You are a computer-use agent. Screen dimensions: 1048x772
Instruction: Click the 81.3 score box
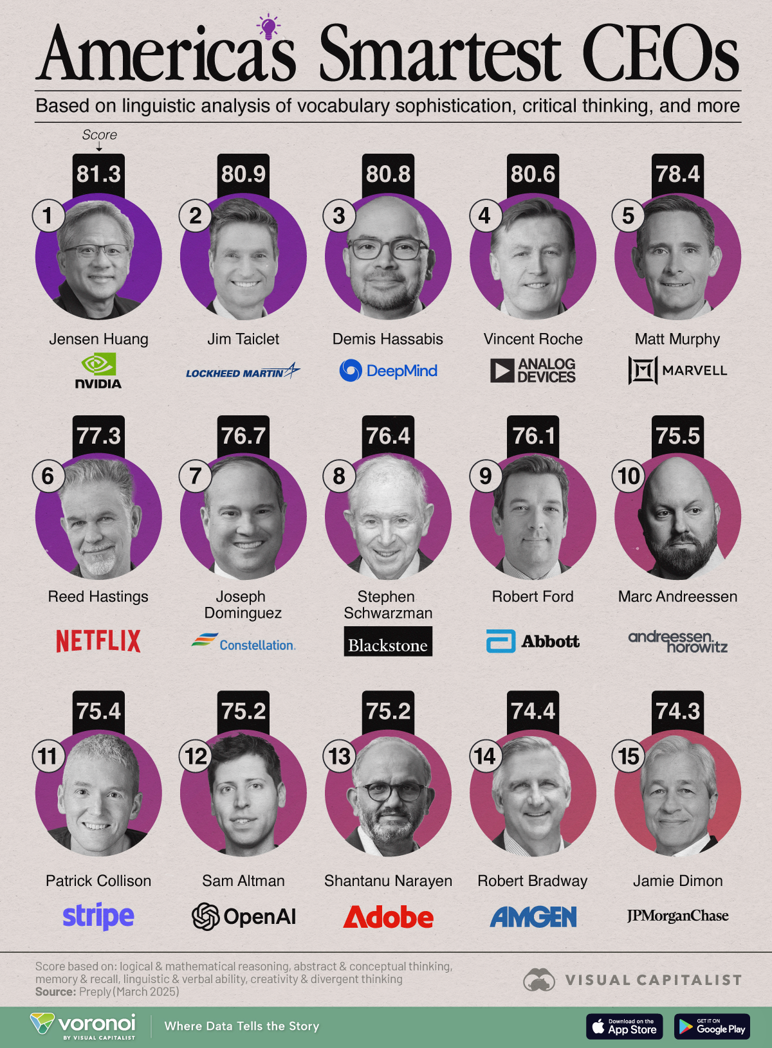click(98, 174)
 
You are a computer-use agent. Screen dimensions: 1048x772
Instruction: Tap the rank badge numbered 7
click(195, 476)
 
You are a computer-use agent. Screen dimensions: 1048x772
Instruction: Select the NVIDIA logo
click(98, 372)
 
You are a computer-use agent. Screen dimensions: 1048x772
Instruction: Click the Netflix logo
click(98, 641)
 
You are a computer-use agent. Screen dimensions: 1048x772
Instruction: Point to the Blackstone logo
click(388, 644)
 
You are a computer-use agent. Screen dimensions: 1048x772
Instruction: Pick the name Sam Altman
click(243, 881)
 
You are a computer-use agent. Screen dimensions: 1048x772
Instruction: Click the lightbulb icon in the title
click(269, 27)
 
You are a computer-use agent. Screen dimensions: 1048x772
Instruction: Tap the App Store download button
click(624, 1026)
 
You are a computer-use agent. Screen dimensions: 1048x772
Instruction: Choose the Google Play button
click(712, 1026)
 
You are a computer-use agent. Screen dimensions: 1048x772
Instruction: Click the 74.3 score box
click(677, 710)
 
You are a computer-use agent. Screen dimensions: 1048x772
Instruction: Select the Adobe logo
click(388, 917)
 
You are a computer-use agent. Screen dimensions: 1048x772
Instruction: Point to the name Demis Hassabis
click(388, 339)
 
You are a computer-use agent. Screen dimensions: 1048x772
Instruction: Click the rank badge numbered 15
click(629, 756)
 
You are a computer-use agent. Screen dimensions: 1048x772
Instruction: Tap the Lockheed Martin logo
click(243, 372)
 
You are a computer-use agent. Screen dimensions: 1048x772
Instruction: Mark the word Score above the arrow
click(100, 135)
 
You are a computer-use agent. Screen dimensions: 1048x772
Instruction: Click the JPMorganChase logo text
click(677, 916)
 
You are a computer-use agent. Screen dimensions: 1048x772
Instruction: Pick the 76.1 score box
click(533, 436)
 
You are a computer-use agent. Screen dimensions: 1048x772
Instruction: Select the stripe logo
click(98, 916)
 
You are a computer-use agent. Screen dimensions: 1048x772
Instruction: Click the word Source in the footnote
click(55, 992)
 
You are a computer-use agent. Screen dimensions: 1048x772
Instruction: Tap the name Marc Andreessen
click(677, 597)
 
